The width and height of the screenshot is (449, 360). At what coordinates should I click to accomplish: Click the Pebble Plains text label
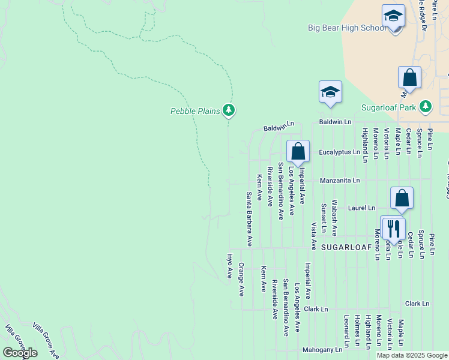pyautogui.click(x=195, y=110)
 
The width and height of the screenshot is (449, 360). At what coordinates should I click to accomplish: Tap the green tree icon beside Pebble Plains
pyautogui.click(x=228, y=110)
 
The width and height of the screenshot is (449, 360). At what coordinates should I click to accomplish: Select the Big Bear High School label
pyautogui.click(x=347, y=28)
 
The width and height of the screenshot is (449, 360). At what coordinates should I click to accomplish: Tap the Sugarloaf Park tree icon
pyautogui.click(x=426, y=107)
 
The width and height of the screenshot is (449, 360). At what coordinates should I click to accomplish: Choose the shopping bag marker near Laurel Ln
pyautogui.click(x=402, y=198)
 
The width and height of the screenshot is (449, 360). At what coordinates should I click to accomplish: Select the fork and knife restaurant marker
pyautogui.click(x=393, y=228)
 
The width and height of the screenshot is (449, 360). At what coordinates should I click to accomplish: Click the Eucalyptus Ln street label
pyautogui.click(x=339, y=152)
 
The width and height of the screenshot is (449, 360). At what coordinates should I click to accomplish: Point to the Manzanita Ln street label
pyautogui.click(x=340, y=180)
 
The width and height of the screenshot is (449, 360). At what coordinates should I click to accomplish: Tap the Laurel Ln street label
pyautogui.click(x=361, y=208)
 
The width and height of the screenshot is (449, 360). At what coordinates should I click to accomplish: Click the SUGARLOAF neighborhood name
pyautogui.click(x=348, y=247)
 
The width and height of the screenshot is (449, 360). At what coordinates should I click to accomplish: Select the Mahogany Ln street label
pyautogui.click(x=322, y=349)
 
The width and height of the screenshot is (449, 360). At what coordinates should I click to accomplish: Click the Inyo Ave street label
pyautogui.click(x=229, y=266)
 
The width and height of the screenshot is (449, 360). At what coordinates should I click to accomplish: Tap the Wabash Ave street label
pyautogui.click(x=335, y=218)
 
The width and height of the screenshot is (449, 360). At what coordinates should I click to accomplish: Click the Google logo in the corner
pyautogui.click(x=20, y=353)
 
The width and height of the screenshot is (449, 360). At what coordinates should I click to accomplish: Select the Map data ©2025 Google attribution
pyautogui.click(x=412, y=355)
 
